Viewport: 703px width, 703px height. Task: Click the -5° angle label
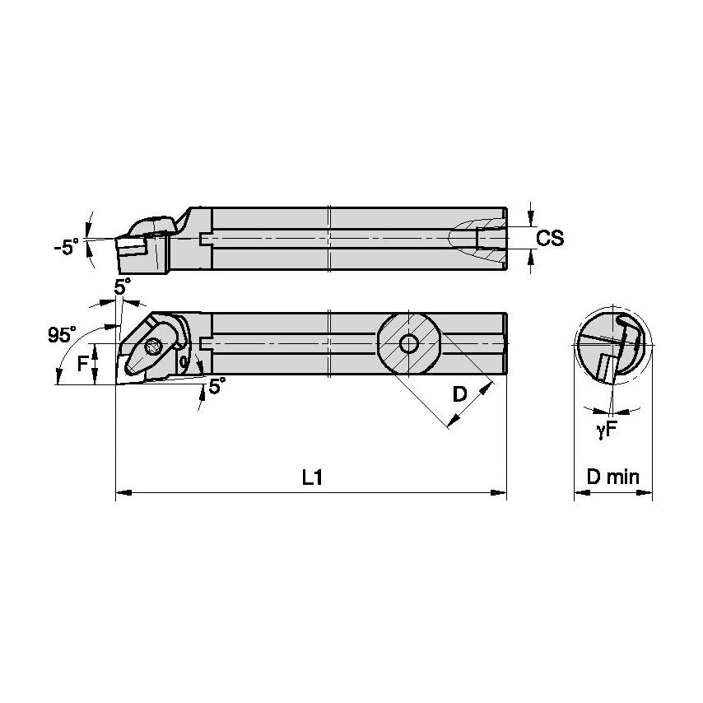pyautogui.click(x=68, y=246)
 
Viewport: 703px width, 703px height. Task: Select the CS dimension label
pyautogui.click(x=549, y=238)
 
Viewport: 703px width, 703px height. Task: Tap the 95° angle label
pyautogui.click(x=61, y=335)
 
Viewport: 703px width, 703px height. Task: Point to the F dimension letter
pyautogui.click(x=83, y=363)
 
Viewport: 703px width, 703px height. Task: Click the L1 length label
pyautogui.click(x=310, y=477)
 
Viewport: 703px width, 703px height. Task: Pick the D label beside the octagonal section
pyautogui.click(x=460, y=394)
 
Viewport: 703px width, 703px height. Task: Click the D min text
pyautogui.click(x=612, y=477)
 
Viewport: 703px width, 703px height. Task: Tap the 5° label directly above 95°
pyautogui.click(x=122, y=286)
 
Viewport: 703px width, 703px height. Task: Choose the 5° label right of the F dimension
pyautogui.click(x=216, y=385)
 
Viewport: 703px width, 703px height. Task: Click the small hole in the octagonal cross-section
pyautogui.click(x=407, y=342)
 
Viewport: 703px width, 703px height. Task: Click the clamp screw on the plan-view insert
pyautogui.click(x=153, y=347)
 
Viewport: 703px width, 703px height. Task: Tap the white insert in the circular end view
pyautogui.click(x=607, y=367)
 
